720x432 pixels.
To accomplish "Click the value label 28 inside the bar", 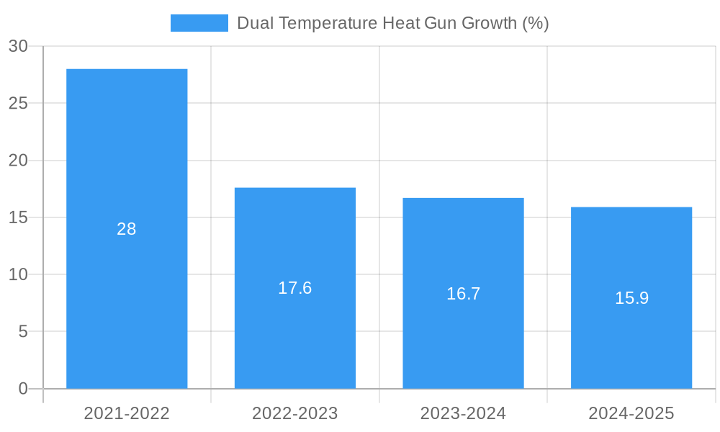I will [127, 229].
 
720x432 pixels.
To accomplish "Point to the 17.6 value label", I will [295, 288].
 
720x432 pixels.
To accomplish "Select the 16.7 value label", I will [463, 294].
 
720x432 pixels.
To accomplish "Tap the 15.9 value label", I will [631, 298].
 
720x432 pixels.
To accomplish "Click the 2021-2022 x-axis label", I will [127, 413].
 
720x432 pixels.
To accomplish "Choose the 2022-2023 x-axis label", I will [295, 413].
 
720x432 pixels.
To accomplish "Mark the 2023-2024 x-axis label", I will [463, 413].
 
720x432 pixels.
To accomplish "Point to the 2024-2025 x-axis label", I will [631, 413].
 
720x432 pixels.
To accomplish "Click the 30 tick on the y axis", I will [18, 46].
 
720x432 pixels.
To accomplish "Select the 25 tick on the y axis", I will [18, 104].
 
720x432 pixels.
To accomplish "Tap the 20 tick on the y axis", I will [18, 161].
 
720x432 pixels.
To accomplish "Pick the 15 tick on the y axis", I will [18, 217].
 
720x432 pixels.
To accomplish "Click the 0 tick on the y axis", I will [22, 389].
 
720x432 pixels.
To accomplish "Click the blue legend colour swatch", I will [199, 23].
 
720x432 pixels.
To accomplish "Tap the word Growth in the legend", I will [488, 23].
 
